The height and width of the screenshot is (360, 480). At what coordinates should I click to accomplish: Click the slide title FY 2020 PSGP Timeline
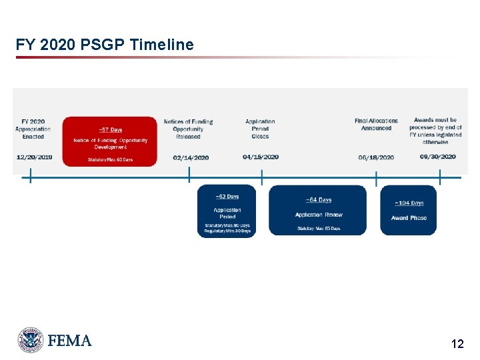[x=105, y=45]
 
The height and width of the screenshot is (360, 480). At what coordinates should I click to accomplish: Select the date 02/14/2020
[x=190, y=157]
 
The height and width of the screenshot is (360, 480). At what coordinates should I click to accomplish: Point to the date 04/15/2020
[x=260, y=157]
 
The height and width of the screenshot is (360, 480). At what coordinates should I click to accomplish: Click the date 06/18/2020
[x=376, y=157]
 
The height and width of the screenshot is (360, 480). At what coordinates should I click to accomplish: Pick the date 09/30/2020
[x=437, y=157]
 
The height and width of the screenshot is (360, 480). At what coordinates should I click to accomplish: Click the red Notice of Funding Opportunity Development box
[x=110, y=141]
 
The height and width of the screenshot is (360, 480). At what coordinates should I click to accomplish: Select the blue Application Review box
[x=318, y=210]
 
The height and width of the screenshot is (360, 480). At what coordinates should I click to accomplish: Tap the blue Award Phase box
[x=409, y=211]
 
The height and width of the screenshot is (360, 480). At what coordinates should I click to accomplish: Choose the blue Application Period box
[x=227, y=211]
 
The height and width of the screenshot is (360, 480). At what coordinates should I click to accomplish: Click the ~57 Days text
[x=110, y=129]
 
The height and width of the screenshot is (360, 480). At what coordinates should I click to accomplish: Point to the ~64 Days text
[x=318, y=200]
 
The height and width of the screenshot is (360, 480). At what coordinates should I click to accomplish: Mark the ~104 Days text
[x=409, y=203]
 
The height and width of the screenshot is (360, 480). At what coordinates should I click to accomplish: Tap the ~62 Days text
[x=227, y=197]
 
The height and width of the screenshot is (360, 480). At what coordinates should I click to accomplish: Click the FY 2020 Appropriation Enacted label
[x=33, y=129]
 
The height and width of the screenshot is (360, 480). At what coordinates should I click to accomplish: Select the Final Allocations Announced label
[x=376, y=125]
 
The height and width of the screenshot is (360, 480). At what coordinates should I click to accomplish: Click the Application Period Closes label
[x=260, y=129]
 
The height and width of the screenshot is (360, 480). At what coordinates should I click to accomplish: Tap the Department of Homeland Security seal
[x=31, y=340]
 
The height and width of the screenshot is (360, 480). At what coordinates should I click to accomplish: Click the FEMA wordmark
[x=69, y=341]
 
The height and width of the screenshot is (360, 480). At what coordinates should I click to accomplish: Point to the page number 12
[x=457, y=344]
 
